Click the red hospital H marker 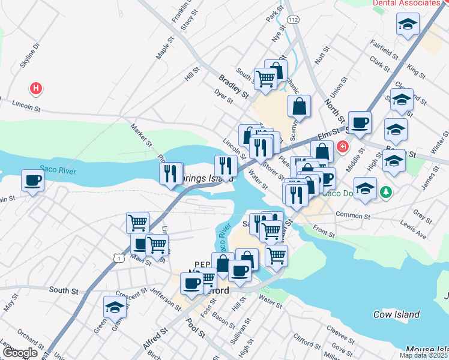pos(37,89)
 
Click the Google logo pos(20,353)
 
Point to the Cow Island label pos(396,314)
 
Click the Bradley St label pos(234,86)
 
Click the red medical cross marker pos(343,146)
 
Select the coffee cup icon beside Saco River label pos(32,180)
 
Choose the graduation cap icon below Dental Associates pos(408,25)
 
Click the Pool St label pos(196,331)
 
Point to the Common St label pos(353,215)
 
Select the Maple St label pos(163,47)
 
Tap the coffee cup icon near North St pos(360,122)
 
